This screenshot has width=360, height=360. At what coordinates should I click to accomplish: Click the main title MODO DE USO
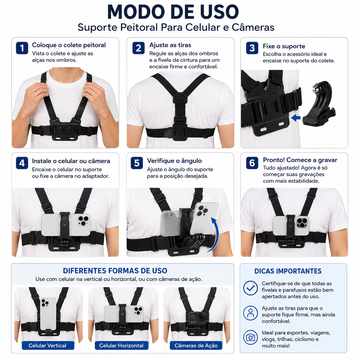(x=173, y=12)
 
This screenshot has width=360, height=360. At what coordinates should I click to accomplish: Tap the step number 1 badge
(x=22, y=48)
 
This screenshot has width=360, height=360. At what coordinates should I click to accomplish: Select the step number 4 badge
(x=22, y=163)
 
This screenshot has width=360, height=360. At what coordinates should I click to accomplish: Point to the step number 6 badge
(x=252, y=163)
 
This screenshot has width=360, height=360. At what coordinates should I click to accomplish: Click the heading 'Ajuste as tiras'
(x=170, y=45)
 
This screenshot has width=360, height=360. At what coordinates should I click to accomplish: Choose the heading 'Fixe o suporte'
(x=284, y=46)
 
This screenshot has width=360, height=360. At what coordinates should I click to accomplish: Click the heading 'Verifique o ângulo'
(x=174, y=160)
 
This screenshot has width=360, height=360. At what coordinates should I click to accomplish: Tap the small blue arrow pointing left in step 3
(x=296, y=118)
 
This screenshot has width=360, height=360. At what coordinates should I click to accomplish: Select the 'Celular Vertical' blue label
(x=48, y=345)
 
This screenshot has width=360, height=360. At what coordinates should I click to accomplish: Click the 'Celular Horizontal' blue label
(x=121, y=345)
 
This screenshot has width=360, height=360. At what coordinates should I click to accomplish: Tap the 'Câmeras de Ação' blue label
(x=196, y=345)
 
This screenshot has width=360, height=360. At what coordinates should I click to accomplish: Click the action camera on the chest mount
(x=196, y=318)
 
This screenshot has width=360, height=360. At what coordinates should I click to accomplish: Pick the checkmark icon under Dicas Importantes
(x=250, y=288)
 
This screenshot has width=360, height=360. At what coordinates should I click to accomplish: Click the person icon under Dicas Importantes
(x=250, y=313)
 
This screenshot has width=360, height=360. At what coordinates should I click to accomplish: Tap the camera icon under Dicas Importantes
(x=250, y=337)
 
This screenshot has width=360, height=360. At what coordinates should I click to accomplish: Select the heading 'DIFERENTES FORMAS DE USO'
(x=115, y=271)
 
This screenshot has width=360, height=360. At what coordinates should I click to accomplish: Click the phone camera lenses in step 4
(x=83, y=220)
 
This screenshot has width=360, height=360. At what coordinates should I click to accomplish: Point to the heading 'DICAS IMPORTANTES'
(x=288, y=271)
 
